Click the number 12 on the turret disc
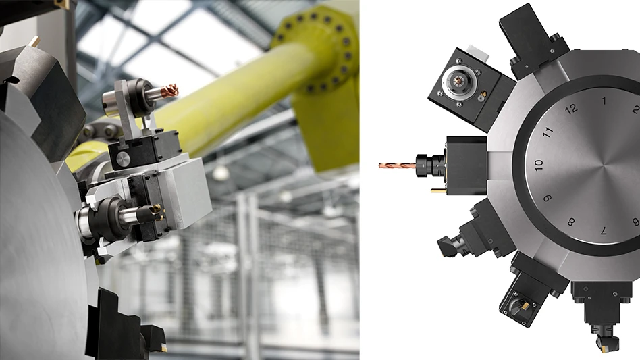coord(572,109)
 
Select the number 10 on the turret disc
coord(538,164)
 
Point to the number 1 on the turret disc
coord(604,101)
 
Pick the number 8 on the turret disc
coord(571,222)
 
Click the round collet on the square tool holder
coord(453,84)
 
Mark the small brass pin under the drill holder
coord(437,190)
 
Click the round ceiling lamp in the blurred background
coord(220,173)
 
